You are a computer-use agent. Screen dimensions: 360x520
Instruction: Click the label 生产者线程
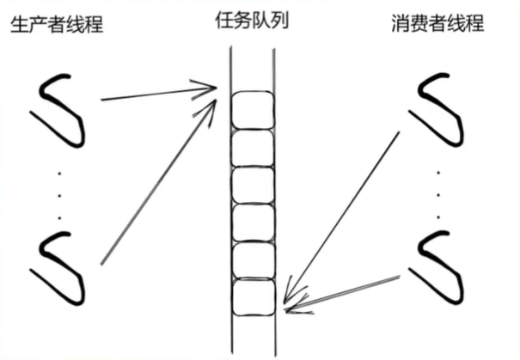pos(57,24)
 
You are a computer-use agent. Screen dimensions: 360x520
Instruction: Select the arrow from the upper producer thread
pos(155,93)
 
